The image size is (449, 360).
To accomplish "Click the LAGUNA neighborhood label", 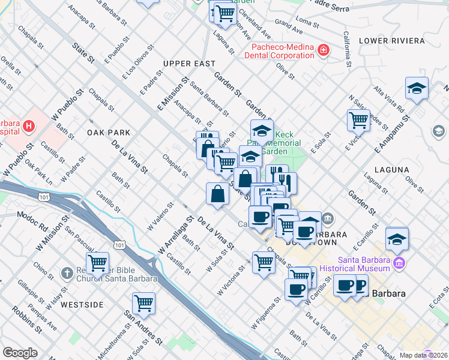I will pyautogui.click(x=391, y=170).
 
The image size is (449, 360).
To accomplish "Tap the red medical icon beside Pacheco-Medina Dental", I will pyautogui.click(x=324, y=49).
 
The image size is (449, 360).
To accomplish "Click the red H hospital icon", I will pyautogui.click(x=29, y=127).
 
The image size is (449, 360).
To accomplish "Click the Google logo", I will pyautogui.click(x=20, y=353).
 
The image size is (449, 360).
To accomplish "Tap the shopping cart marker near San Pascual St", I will pyautogui.click(x=97, y=262).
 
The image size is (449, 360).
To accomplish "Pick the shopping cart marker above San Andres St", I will pyautogui.click(x=143, y=303).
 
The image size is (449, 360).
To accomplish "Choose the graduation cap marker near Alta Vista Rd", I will pyautogui.click(x=417, y=89).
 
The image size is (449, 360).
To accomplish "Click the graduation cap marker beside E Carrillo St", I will pyautogui.click(x=397, y=238).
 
